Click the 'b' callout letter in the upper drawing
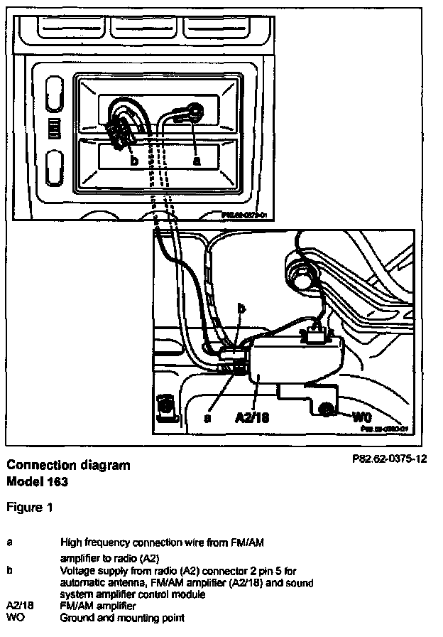[133, 160]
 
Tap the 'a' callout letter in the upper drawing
[197, 161]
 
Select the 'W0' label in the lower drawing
[362, 414]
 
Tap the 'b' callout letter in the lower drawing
[241, 309]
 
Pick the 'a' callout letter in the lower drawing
[207, 418]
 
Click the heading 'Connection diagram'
[68, 466]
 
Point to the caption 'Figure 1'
[30, 508]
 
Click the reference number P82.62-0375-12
[389, 459]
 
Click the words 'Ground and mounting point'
[122, 617]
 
